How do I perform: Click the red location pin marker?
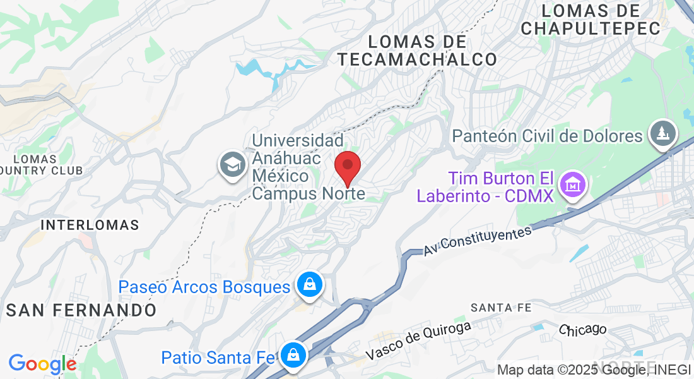347,167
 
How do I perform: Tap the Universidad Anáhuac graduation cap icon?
232,165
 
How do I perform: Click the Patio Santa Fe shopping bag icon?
293,355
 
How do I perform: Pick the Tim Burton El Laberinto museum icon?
573,186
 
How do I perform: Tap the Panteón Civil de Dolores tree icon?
663,134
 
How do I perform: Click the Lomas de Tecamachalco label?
417,51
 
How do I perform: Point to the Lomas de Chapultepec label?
591,20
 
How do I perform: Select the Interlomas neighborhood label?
90,225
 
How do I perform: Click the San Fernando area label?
81,310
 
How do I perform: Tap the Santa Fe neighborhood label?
501,308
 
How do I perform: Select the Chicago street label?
582,329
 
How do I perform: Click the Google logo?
42,364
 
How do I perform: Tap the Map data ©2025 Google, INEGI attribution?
594,370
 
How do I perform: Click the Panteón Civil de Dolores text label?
548,136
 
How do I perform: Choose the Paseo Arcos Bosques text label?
204,287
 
